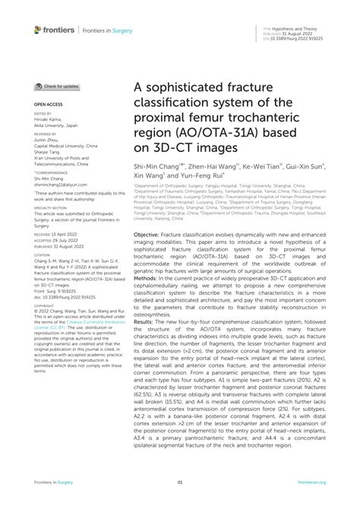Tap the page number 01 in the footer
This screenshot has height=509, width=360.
pos(180,482)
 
